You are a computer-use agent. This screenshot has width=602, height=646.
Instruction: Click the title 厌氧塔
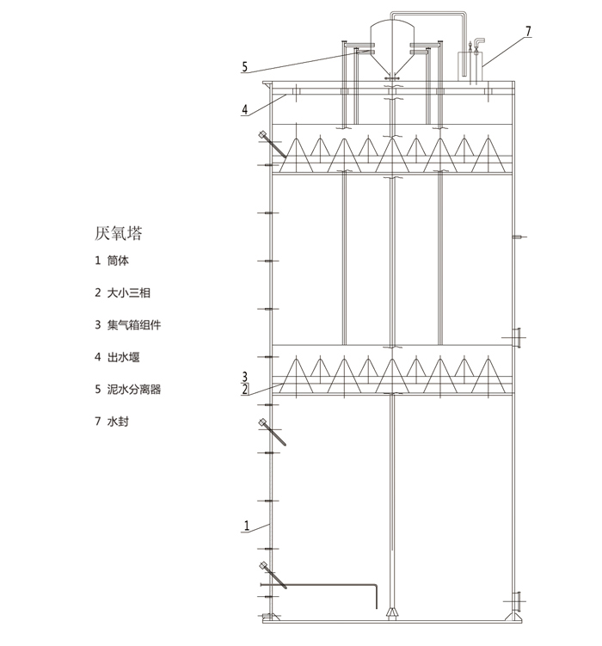tap(119, 234)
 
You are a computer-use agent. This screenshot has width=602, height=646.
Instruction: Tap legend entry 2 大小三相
tap(124, 292)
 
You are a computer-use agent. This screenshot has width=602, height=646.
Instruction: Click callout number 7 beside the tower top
tap(528, 31)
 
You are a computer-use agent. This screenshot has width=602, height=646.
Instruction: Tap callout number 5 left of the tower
tap(245, 66)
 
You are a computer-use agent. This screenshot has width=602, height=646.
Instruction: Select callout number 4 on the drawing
tap(245, 109)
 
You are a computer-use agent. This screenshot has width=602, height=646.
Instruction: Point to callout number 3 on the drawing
tap(245, 376)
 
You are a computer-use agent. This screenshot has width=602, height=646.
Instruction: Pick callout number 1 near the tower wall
tap(246, 525)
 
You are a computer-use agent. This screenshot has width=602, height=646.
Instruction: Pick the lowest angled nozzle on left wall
tap(273, 575)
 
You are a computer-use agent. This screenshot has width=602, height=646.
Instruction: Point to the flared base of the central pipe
tap(392, 612)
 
